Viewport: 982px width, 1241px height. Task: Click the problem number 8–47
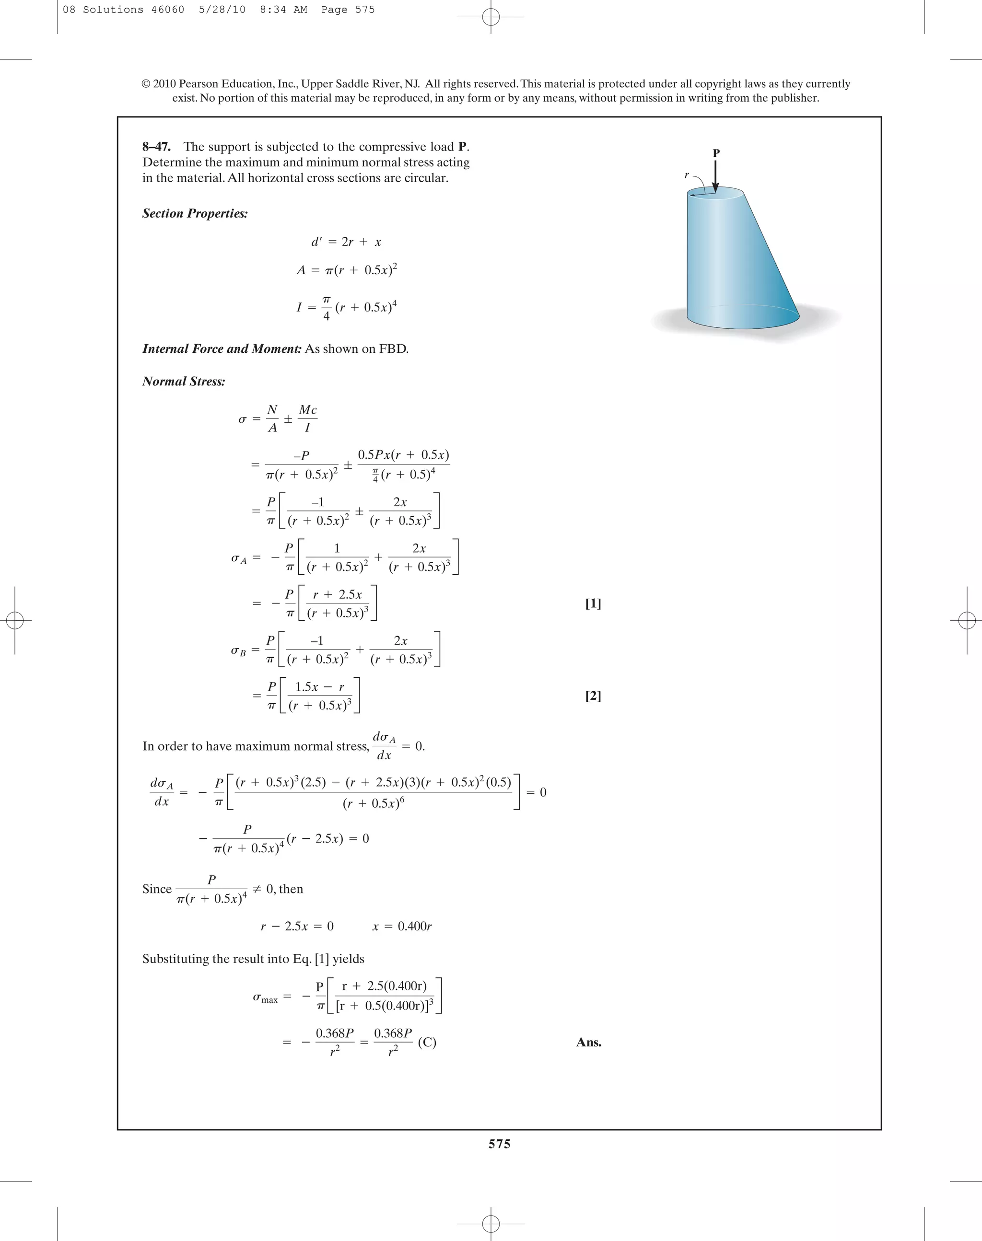point(156,147)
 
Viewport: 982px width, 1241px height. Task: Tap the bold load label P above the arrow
point(716,153)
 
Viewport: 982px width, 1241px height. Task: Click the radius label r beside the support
point(687,175)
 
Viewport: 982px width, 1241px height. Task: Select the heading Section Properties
point(195,213)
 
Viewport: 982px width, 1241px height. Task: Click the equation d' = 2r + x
point(346,242)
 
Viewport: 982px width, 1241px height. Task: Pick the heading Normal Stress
point(184,381)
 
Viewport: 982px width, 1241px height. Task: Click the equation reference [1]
point(593,603)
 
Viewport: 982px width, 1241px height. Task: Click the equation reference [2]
point(593,696)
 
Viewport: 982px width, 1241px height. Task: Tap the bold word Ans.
point(588,1042)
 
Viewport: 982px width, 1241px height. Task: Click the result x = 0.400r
point(402,926)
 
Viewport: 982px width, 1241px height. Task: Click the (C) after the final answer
point(427,1042)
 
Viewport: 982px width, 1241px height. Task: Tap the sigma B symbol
point(238,650)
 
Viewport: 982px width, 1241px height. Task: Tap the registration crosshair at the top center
point(491,17)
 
